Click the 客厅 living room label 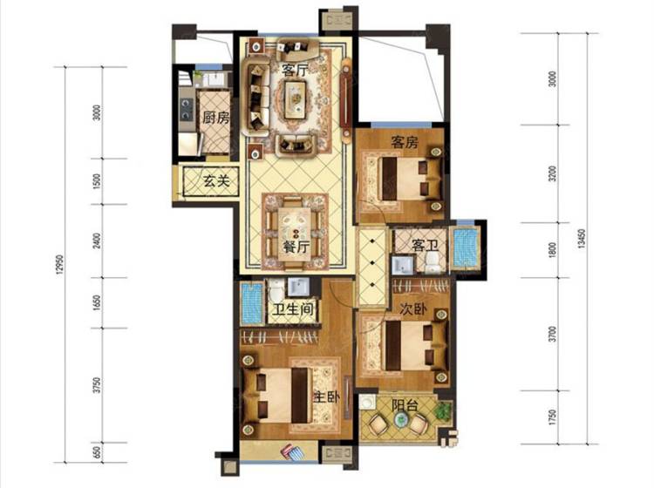tap(296, 70)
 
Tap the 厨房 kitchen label tap(216, 118)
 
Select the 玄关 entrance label tap(216, 181)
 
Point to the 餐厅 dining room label tap(296, 247)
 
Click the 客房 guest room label tap(404, 143)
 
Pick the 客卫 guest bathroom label tap(425, 246)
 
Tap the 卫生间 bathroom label tap(293, 309)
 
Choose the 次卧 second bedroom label tap(413, 309)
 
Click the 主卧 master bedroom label tap(326, 397)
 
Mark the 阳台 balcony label tap(404, 405)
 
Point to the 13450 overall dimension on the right tap(582, 239)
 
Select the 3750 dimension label tap(97, 385)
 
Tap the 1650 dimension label tap(97, 303)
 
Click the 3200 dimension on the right tap(553, 173)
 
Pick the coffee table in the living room tap(296, 96)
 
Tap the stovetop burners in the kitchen tap(186, 108)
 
